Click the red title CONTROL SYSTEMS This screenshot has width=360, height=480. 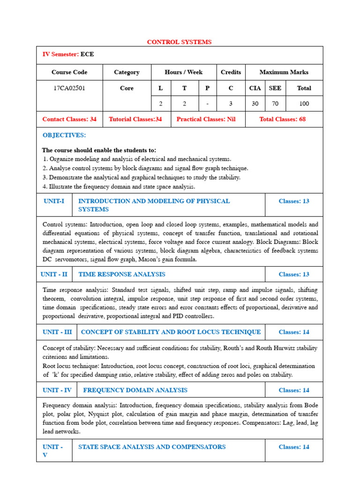click(179, 42)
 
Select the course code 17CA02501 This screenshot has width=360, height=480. click(70, 88)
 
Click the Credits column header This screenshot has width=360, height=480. click(231, 72)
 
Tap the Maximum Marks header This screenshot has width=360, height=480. click(284, 72)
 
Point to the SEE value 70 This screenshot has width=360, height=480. click(275, 104)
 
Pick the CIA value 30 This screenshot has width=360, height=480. click(255, 104)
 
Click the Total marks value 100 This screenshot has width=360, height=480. click(304, 104)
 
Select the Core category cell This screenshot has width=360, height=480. click(127, 88)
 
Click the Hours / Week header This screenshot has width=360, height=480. click(184, 72)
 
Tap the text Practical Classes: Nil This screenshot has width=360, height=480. click(206, 119)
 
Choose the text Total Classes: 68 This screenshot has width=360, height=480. click(282, 119)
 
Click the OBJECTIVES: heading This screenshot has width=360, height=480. click(64, 135)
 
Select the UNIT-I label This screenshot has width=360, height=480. click(54, 201)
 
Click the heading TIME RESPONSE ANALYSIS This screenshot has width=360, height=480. click(122, 274)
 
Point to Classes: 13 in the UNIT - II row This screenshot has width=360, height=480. click(294, 274)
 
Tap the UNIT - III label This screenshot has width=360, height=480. click(57, 332)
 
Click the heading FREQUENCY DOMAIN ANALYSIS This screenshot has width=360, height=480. click(135, 390)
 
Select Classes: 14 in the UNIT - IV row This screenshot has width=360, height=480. click(294, 390)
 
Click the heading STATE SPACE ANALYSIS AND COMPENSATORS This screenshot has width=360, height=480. click(152, 447)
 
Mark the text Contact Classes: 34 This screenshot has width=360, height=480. click(69, 119)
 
